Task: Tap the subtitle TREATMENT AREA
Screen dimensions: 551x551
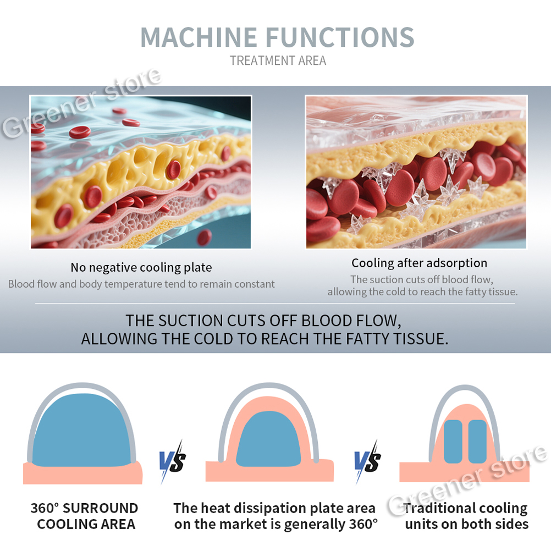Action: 278,60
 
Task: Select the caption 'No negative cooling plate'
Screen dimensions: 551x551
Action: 141,268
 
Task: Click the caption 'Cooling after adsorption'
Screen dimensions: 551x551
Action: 420,263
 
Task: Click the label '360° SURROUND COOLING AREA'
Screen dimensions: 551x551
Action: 85,516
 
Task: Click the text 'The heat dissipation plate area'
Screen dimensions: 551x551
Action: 274,508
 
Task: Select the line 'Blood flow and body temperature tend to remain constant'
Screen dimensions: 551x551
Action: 141,284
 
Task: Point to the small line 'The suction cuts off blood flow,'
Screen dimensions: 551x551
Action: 422,279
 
